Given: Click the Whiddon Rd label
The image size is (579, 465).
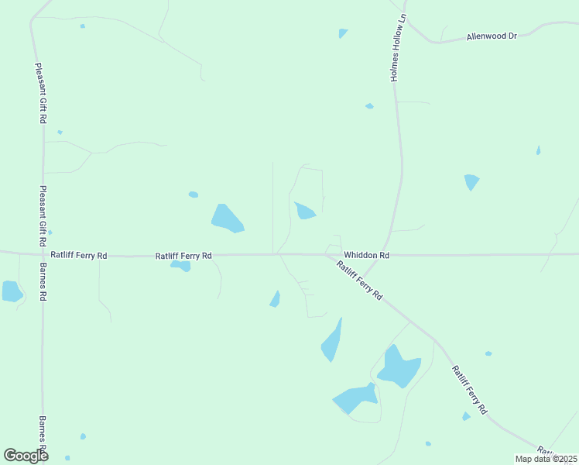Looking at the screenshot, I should (366, 255).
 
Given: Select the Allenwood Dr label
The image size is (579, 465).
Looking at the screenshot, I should (491, 36).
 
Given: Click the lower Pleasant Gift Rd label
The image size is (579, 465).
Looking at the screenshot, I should (43, 216).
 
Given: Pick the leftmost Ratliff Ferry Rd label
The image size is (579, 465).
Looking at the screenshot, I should (78, 255).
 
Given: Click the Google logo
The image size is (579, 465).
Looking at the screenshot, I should (26, 456).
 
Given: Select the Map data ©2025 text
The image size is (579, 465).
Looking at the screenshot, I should (545, 459).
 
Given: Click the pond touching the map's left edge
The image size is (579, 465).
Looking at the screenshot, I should (12, 291).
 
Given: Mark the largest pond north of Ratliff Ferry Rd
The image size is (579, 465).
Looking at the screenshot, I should (227, 219).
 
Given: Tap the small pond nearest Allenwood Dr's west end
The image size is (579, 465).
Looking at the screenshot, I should (343, 33).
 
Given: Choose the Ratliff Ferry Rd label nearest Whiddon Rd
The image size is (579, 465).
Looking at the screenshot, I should (359, 281).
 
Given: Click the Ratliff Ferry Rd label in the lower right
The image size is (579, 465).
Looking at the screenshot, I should (470, 389).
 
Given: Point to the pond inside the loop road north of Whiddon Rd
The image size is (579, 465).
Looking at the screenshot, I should (304, 211).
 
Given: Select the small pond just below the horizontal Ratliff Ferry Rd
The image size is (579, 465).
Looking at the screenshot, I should (181, 266).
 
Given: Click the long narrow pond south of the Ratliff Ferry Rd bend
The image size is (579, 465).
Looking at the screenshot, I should (331, 341).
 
